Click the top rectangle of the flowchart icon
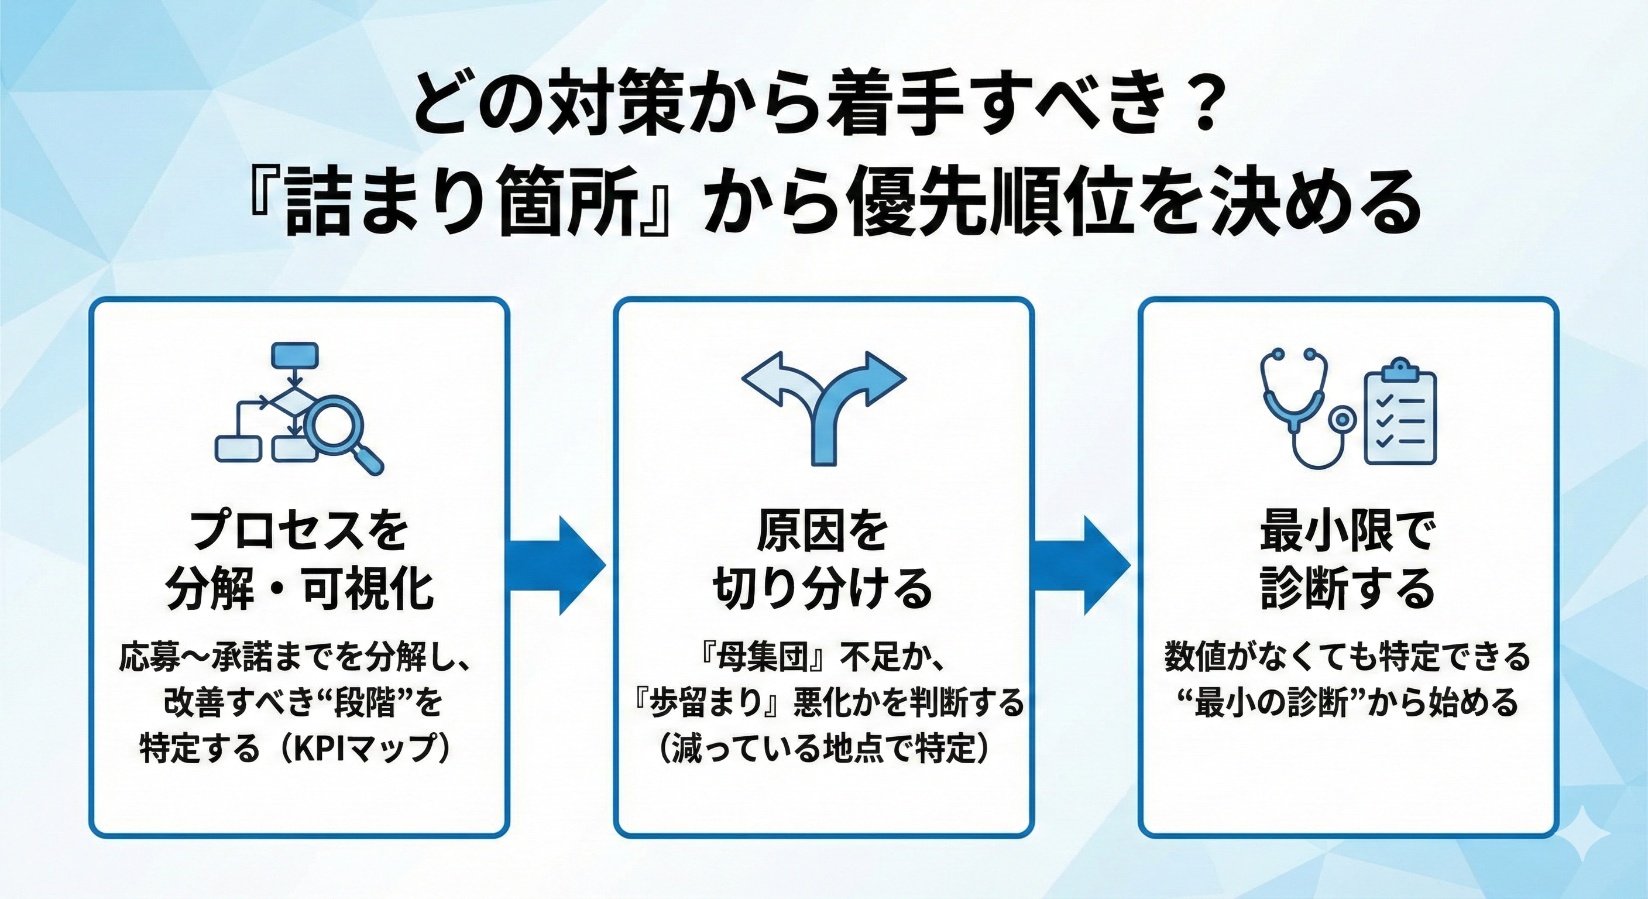pyautogui.click(x=294, y=356)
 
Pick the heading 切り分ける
pyautogui.click(x=823, y=589)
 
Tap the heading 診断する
pyautogui.click(x=1348, y=589)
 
